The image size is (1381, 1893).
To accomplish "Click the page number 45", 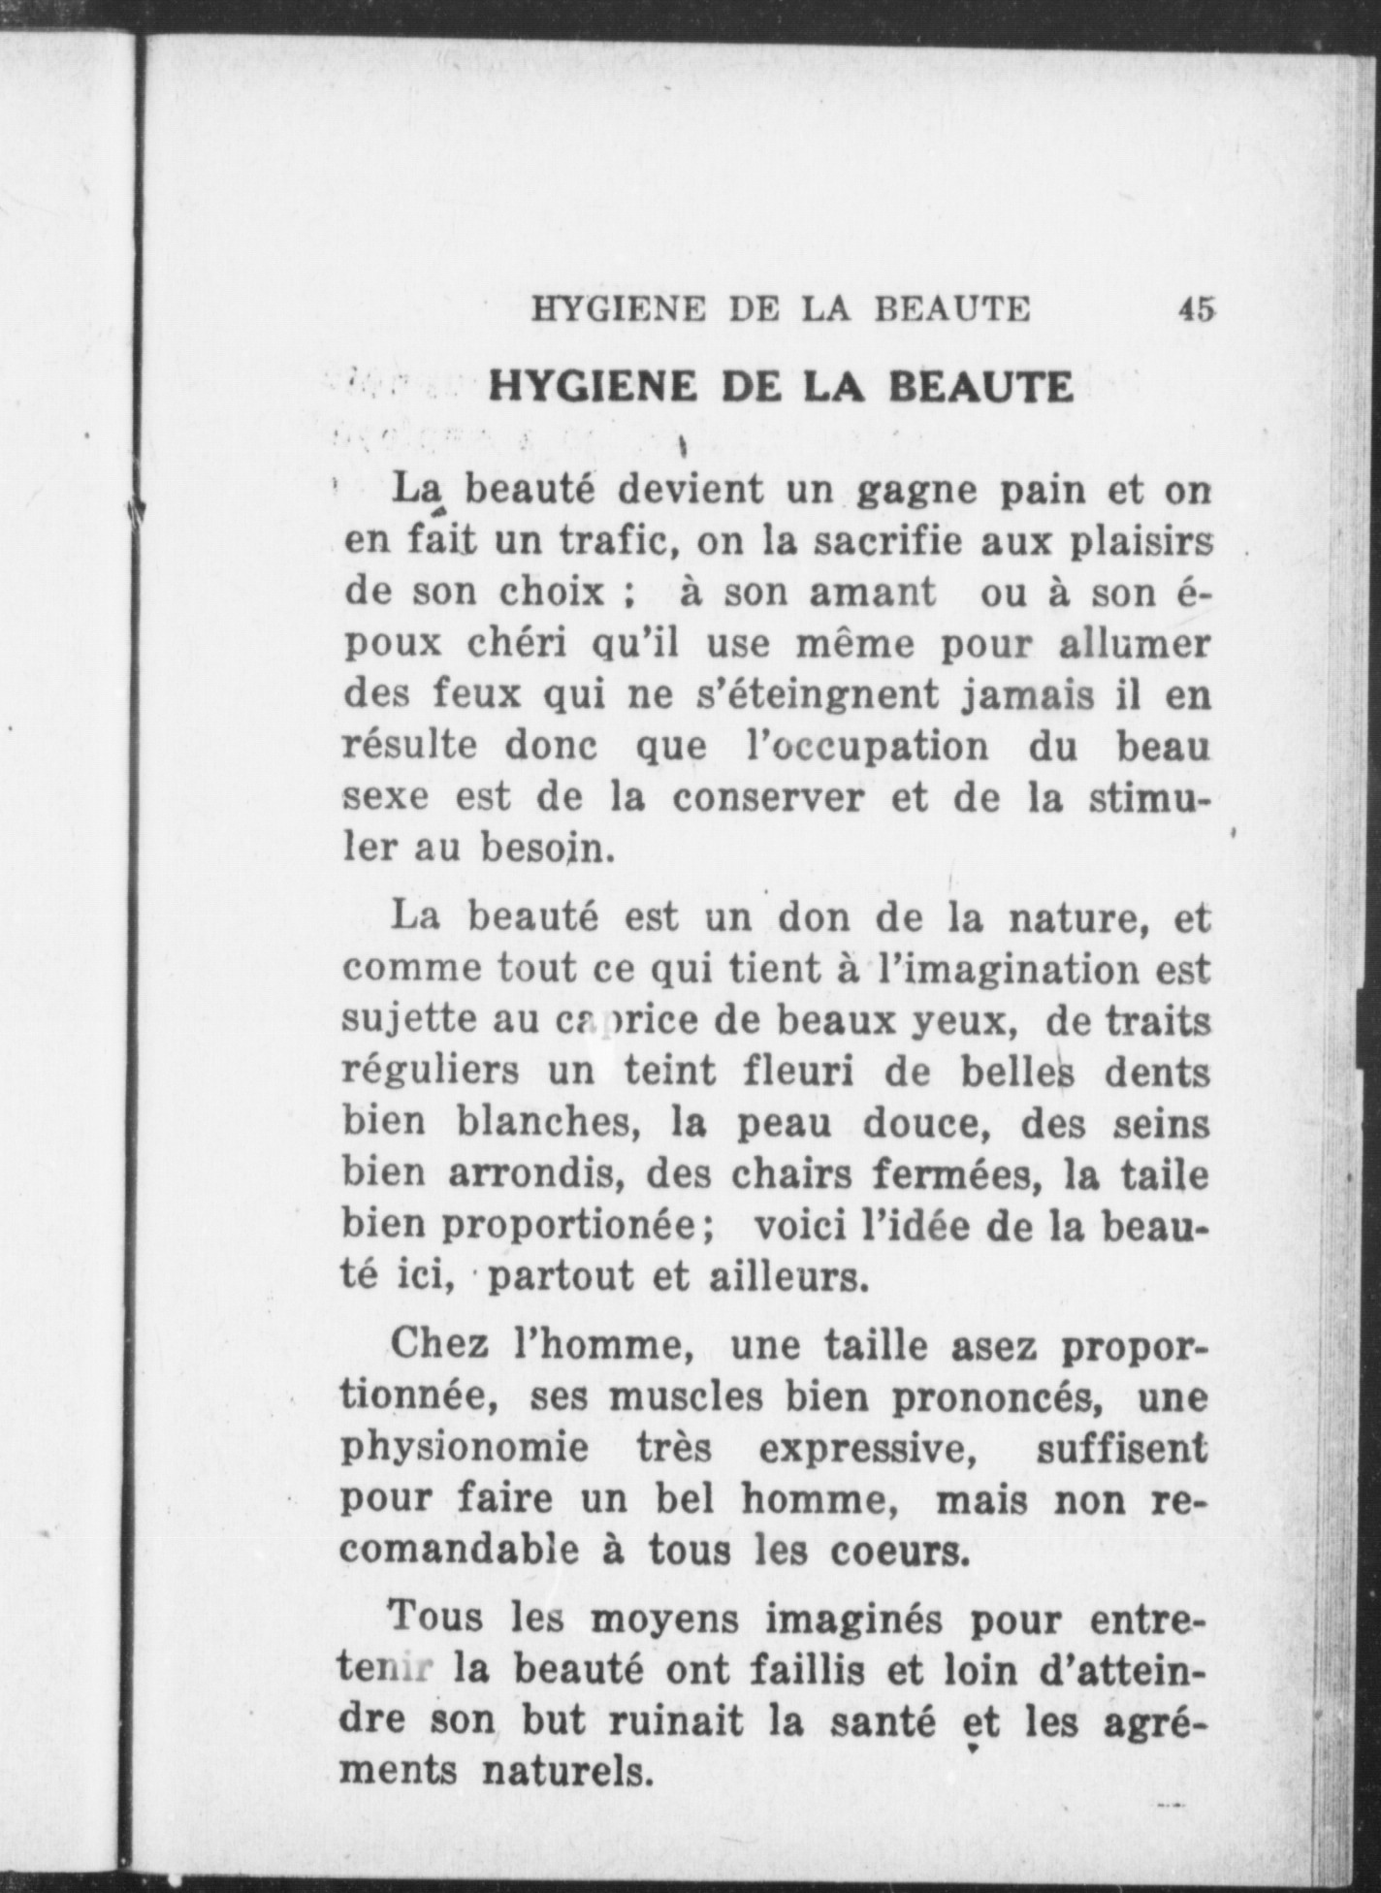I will (x=1196, y=309).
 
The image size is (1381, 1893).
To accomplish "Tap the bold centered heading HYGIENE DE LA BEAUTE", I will (x=782, y=386).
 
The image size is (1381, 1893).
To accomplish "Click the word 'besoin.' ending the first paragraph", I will (x=547, y=850).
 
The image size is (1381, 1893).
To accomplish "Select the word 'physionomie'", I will (x=466, y=1448).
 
